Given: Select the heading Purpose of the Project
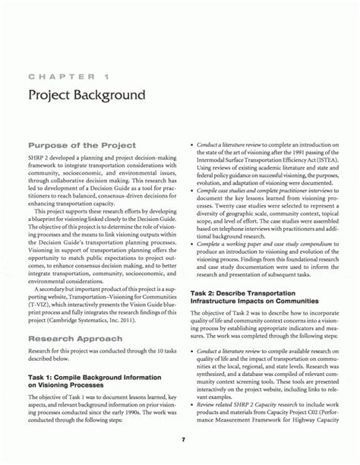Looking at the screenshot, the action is (81, 144).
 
